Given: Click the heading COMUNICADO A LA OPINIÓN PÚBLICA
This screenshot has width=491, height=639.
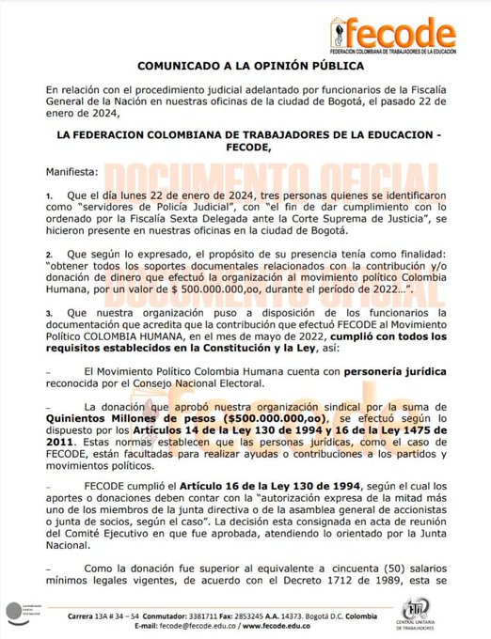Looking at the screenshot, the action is coord(245,67).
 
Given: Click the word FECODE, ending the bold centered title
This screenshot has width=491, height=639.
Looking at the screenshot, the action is coord(247,148).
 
